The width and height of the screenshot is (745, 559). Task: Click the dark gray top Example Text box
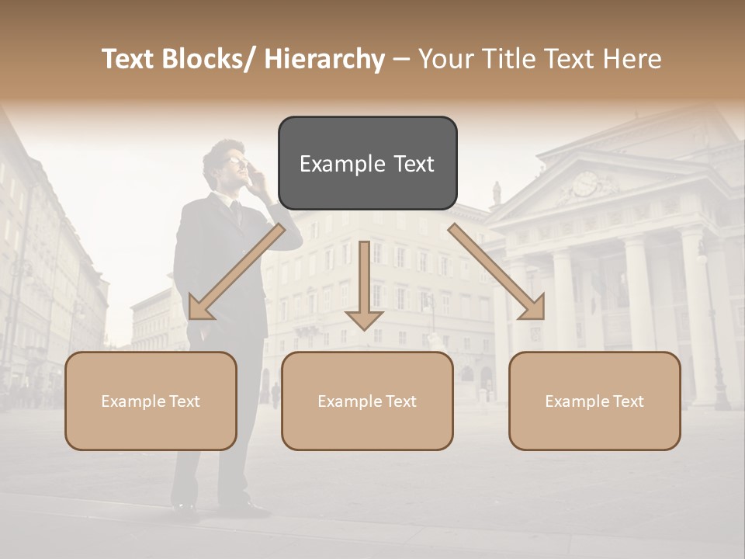click(x=367, y=163)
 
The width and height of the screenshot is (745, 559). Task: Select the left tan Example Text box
click(x=151, y=401)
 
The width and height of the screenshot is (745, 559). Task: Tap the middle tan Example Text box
click(x=367, y=401)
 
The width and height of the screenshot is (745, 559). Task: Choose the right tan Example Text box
click(x=594, y=401)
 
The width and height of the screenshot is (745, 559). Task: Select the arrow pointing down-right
click(x=497, y=272)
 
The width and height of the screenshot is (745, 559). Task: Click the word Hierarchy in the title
click(x=324, y=59)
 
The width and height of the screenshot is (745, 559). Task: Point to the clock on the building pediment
click(x=584, y=184)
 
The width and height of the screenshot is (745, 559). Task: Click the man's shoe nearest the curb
click(x=185, y=511)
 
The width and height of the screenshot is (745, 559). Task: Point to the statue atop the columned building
click(x=497, y=193)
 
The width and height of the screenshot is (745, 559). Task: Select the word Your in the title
click(x=445, y=59)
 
